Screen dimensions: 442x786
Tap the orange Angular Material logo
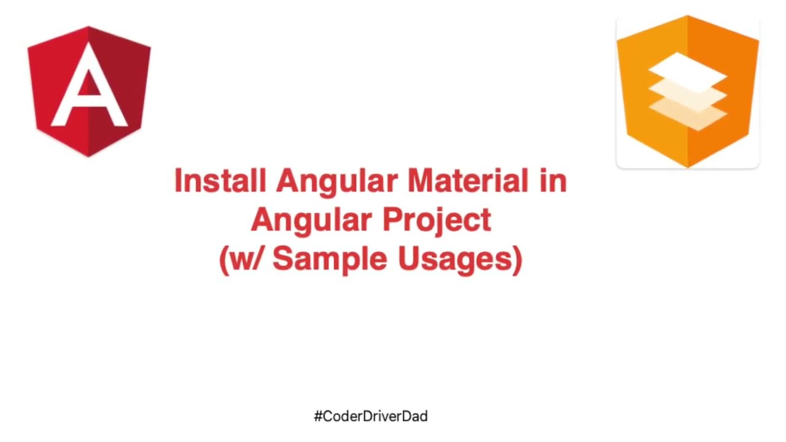click(688, 92)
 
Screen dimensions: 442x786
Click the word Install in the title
click(220, 182)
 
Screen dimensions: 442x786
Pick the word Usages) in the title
click(460, 259)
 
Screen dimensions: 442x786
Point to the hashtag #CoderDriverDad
click(371, 416)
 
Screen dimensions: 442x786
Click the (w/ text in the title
click(242, 259)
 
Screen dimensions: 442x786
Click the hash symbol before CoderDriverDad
click(318, 416)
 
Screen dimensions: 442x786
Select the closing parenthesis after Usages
click(516, 259)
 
